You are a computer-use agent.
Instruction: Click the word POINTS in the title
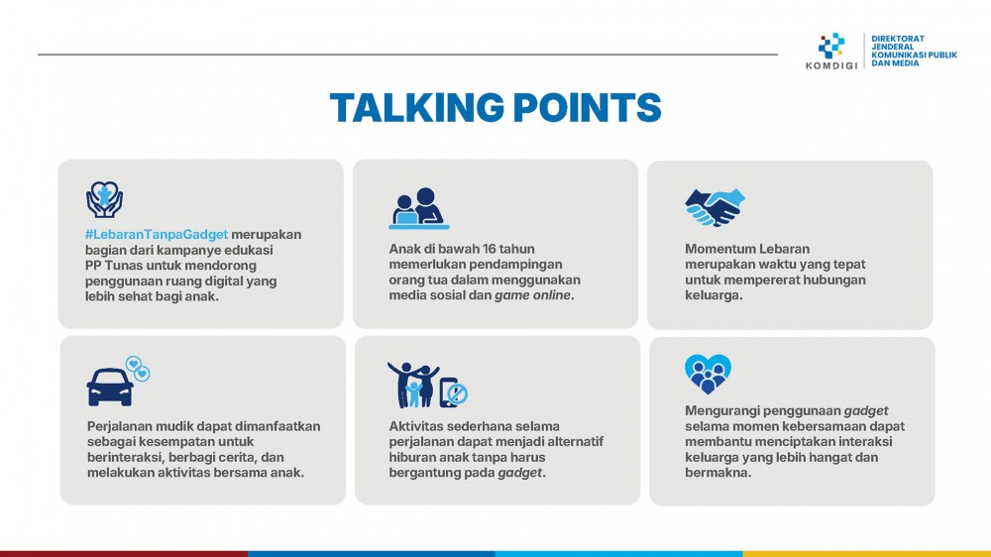click(x=587, y=107)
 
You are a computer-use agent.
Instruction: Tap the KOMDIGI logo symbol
click(x=831, y=46)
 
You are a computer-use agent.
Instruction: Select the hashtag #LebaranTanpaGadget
click(x=157, y=235)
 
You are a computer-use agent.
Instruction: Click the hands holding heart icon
click(x=104, y=199)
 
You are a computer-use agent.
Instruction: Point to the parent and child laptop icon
click(x=418, y=208)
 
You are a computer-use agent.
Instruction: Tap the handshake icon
click(x=715, y=207)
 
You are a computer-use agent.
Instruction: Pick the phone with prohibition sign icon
click(x=453, y=392)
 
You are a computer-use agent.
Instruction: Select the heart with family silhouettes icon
click(x=708, y=374)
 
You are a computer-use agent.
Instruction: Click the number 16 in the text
click(x=490, y=249)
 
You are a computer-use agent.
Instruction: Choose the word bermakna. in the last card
click(x=717, y=473)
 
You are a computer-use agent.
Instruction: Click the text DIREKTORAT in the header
click(x=898, y=39)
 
